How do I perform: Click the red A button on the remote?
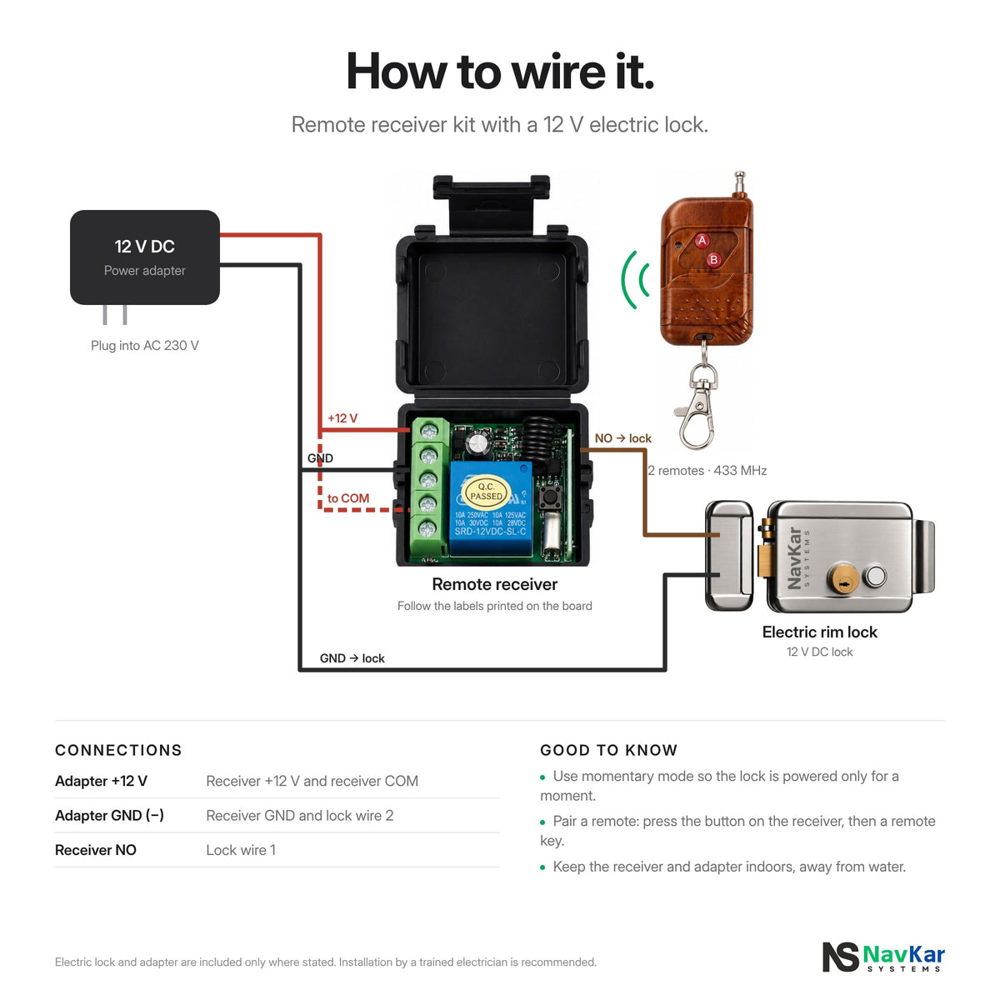tap(702, 240)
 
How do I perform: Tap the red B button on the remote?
tap(713, 259)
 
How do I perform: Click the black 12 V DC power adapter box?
tap(145, 257)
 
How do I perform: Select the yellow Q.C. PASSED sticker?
tap(486, 492)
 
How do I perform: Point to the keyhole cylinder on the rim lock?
tap(843, 578)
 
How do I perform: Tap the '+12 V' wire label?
tap(342, 418)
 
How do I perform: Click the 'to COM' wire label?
tap(348, 498)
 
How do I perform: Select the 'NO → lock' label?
tap(622, 438)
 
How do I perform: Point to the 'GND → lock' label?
tap(352, 658)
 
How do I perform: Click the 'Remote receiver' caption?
tap(494, 584)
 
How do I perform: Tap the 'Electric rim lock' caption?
tap(819, 632)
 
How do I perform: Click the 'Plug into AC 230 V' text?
tap(145, 346)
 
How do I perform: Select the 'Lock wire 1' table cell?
tap(241, 850)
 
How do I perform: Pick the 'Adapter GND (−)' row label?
tap(109, 815)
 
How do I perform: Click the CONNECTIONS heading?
tap(119, 750)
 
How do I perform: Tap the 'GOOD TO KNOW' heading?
tap(608, 750)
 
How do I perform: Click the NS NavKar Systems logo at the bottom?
tap(883, 957)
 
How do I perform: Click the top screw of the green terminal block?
tap(429, 431)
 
